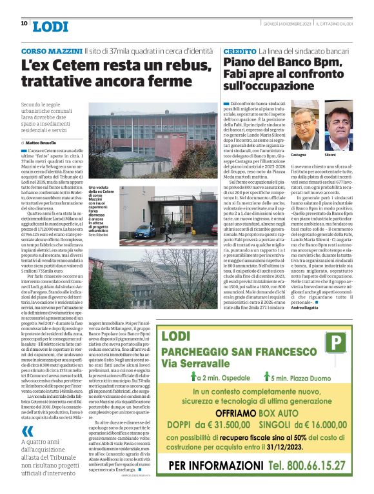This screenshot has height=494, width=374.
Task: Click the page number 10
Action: [24, 24]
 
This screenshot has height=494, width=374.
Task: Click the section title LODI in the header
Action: [50, 26]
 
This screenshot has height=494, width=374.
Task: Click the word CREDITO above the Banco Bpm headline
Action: [239, 50]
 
